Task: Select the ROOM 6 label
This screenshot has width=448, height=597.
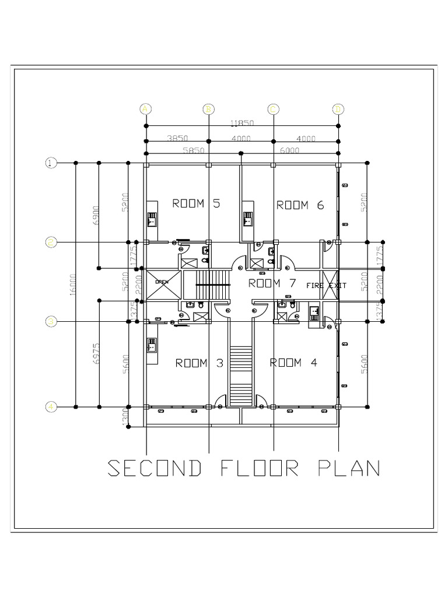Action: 300,205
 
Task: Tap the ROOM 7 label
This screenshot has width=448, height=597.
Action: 272,283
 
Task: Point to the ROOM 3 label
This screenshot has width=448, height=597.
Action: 199,363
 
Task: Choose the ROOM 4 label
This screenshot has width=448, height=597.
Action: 293,363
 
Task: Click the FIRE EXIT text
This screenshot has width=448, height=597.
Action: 327,286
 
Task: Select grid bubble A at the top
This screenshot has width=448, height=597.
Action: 146,109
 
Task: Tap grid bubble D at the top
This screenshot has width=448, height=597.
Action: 338,109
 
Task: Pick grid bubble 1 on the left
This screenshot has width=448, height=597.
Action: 51,163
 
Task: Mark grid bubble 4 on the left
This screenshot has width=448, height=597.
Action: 51,406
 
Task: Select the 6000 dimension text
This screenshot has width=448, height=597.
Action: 289,150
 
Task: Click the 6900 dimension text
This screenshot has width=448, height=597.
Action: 96,216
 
